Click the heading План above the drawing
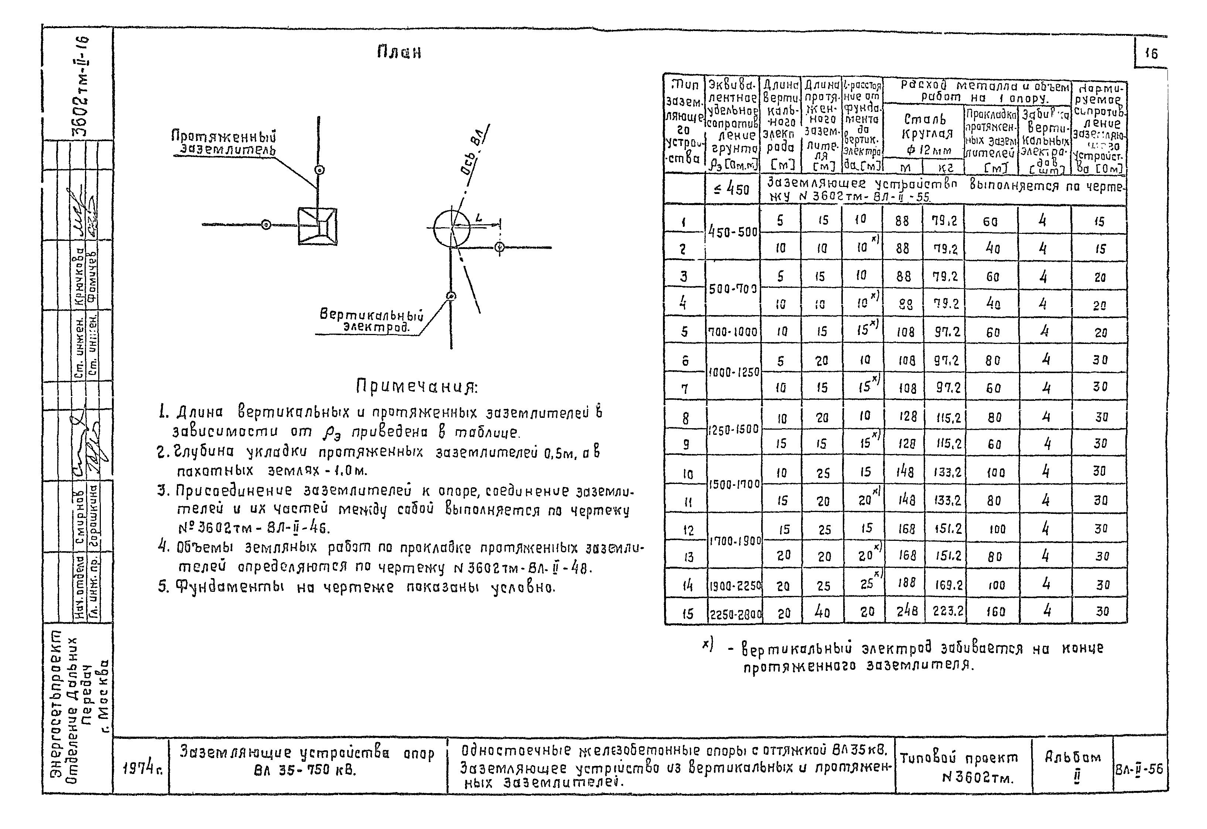399,53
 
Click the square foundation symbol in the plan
317,226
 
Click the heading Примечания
417,386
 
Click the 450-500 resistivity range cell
733,232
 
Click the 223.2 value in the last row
948,612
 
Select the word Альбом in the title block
1073,757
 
